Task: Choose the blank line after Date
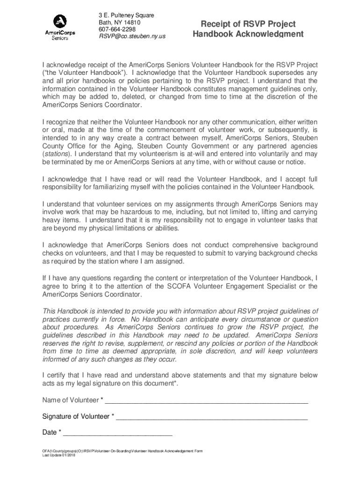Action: point(118,433)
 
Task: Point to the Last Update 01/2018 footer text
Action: point(58,455)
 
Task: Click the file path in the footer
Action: point(122,451)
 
